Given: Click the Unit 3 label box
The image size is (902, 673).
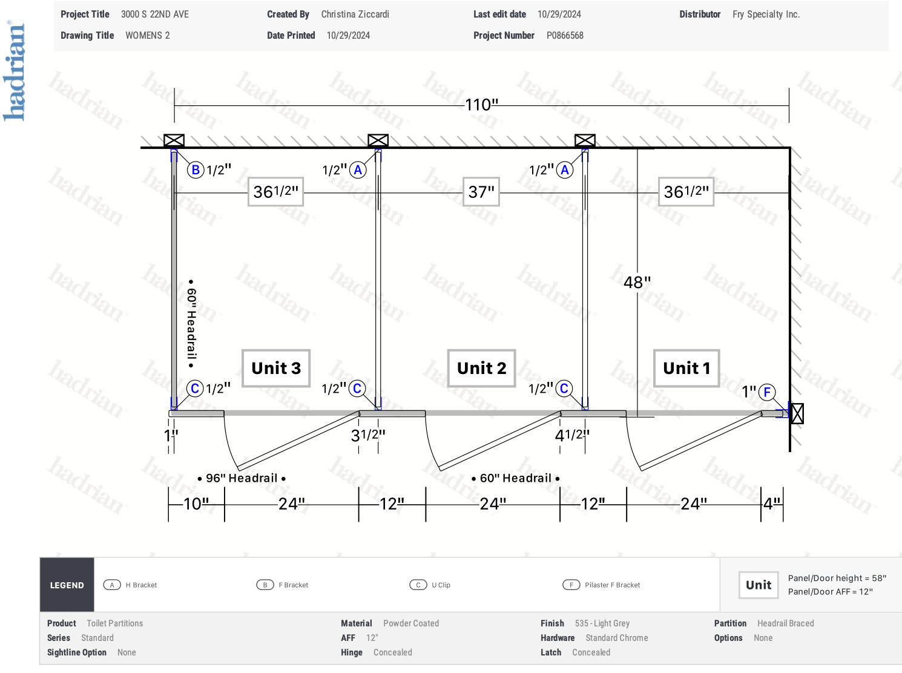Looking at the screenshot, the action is [275, 368].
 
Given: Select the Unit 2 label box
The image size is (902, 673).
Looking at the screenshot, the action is [481, 368].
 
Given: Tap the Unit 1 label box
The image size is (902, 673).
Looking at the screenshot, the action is [686, 368].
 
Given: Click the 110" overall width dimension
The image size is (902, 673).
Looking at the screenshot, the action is [481, 105].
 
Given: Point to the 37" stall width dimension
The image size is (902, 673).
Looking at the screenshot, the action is [481, 192].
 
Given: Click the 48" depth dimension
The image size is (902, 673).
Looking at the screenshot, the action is [637, 282].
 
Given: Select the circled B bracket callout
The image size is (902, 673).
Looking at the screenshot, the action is [196, 169].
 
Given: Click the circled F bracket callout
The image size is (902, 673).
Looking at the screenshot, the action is [767, 392].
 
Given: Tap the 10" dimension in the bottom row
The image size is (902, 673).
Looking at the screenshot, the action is [196, 504].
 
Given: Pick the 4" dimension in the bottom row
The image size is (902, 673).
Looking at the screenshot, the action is [772, 504].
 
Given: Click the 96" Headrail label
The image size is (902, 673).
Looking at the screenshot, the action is [242, 478].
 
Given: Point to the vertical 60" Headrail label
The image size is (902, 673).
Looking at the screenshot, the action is [191, 323].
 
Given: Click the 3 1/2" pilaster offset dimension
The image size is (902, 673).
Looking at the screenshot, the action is [368, 435].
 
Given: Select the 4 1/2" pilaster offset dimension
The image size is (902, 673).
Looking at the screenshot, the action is [572, 435].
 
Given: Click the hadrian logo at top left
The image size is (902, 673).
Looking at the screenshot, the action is [13, 71].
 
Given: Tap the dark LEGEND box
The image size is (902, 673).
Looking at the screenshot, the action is [67, 585].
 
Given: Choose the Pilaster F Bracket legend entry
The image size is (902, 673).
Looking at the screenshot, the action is [601, 585].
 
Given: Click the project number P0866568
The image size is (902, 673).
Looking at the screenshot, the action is [565, 35].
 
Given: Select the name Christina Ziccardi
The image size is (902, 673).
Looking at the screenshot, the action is [355, 15].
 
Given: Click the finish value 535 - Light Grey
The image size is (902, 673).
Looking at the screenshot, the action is [602, 623].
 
